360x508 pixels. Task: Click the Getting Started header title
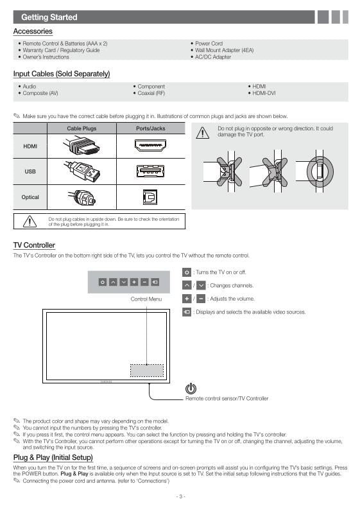point(49,17)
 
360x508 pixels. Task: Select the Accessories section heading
point(33,31)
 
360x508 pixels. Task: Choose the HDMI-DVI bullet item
point(263,93)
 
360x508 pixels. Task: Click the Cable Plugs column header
point(81,128)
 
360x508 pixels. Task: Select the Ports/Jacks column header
point(151,128)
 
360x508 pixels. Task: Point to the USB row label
point(30,171)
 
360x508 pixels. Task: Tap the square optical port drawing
point(150,197)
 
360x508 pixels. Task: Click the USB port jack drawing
point(150,171)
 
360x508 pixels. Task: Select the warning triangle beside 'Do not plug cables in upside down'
point(30,222)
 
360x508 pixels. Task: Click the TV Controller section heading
point(34,245)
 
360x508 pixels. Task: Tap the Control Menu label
point(146,299)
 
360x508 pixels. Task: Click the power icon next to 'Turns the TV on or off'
point(186,272)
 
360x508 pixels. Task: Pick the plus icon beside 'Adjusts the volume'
point(186,299)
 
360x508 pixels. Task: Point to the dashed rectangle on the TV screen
point(147,371)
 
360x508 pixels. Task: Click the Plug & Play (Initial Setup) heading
point(53,457)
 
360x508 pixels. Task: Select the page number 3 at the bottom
point(180,496)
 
